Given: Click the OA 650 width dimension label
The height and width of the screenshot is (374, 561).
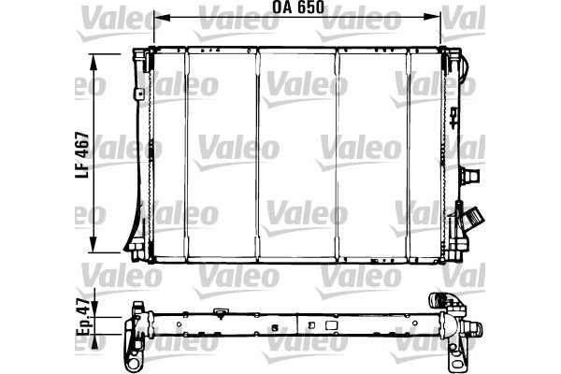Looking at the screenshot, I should click(x=297, y=7).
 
